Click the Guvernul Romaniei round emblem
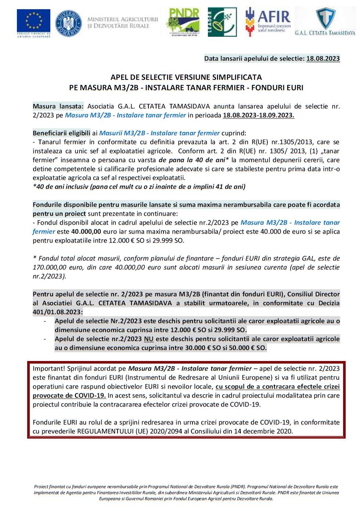(68, 23)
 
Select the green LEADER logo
(222, 22)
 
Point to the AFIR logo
(268, 21)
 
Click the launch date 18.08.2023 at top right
(323, 58)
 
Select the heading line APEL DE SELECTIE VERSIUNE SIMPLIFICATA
(186, 77)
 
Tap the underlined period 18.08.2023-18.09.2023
(258, 115)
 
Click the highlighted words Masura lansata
(58, 107)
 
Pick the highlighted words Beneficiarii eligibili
(61, 133)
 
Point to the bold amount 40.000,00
(86, 232)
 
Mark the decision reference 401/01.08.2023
(57, 312)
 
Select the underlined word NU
(148, 339)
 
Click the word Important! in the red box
(49, 369)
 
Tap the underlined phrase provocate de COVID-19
(69, 396)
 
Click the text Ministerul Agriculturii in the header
(123, 19)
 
